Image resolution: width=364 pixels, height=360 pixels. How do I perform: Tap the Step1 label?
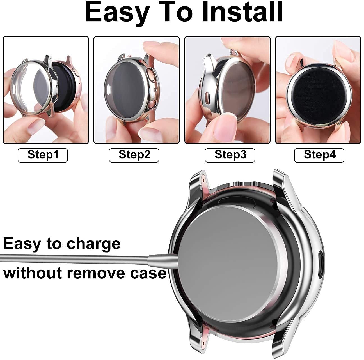click(43, 155)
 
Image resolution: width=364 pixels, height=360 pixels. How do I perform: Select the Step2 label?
click(134, 155)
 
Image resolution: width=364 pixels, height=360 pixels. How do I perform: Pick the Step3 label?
click(230, 155)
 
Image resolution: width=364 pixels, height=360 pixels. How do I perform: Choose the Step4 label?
click(319, 155)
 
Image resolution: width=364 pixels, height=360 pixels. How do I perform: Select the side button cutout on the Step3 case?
click(207, 98)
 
